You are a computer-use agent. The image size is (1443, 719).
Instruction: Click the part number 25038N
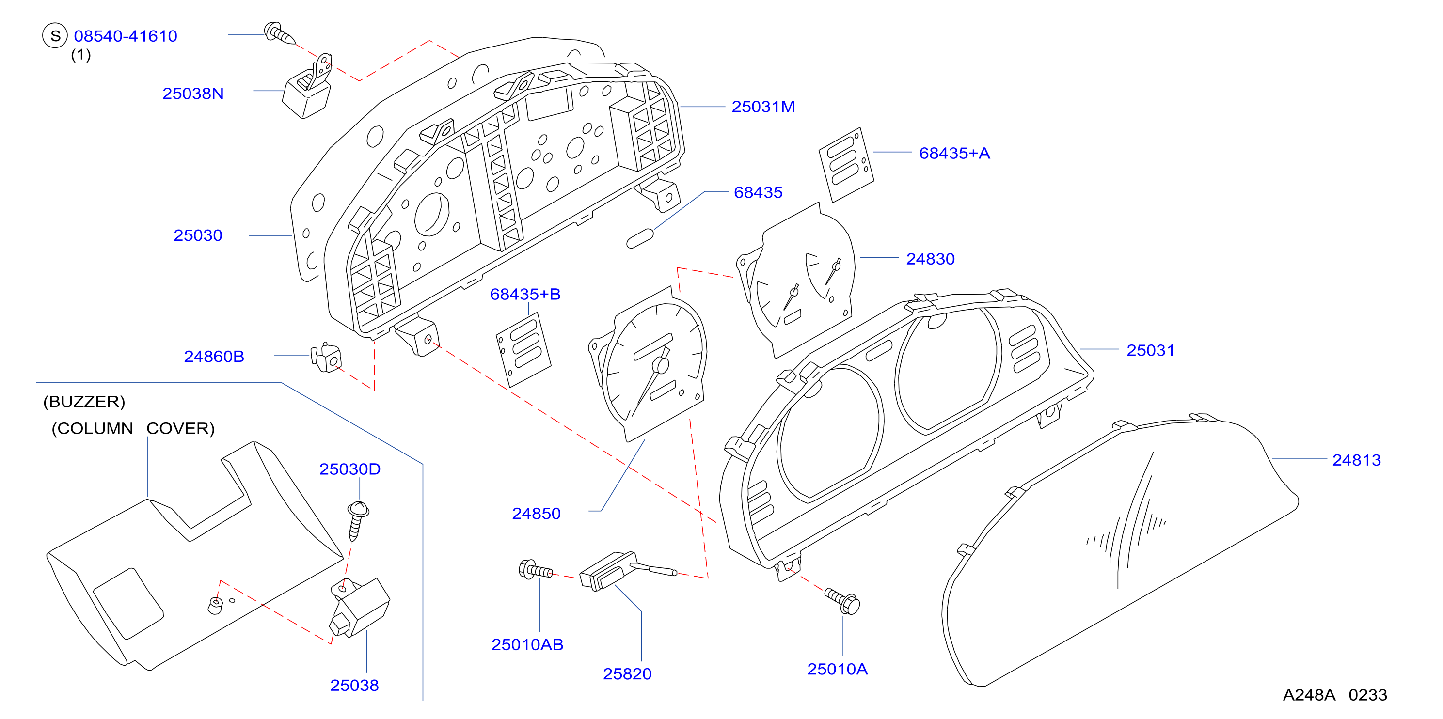(x=193, y=94)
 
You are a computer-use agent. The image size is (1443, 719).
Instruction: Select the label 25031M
(x=763, y=107)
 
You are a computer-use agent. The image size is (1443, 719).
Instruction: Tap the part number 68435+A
(x=954, y=153)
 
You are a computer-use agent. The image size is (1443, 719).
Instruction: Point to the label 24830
(x=931, y=259)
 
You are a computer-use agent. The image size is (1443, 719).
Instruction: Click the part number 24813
(x=1356, y=460)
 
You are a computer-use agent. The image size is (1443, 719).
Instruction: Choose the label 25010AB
(x=527, y=644)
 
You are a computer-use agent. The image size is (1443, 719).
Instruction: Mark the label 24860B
(x=214, y=356)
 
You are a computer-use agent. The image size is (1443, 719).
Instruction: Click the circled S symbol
(x=55, y=36)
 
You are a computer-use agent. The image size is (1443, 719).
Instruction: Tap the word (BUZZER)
(x=84, y=402)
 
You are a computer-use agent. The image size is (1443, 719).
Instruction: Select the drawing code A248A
(x=1309, y=695)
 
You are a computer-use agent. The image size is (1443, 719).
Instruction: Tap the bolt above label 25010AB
(x=536, y=571)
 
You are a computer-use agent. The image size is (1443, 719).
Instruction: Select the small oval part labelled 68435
(x=640, y=238)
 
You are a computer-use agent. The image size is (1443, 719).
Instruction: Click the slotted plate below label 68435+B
(x=523, y=349)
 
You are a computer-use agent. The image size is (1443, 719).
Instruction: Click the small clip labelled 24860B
(x=327, y=357)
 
